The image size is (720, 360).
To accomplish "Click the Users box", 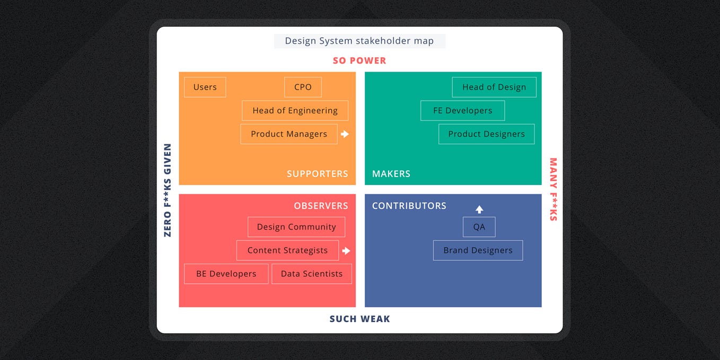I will [x=205, y=87].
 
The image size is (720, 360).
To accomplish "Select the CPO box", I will [x=303, y=87].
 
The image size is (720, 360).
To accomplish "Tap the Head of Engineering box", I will [x=295, y=111].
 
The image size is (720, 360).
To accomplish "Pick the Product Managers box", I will [x=288, y=134].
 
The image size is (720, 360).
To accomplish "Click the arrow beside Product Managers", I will [x=345, y=134].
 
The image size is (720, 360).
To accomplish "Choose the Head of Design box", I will [x=494, y=87].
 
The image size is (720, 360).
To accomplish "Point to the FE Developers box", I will [x=462, y=111].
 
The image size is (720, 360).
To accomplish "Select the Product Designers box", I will [x=486, y=134].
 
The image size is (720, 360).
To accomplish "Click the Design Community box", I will [x=296, y=227].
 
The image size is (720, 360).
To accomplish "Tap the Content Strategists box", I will [x=287, y=250].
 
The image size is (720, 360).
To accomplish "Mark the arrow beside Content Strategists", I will [x=346, y=251].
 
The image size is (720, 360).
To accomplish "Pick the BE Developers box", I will [x=226, y=274].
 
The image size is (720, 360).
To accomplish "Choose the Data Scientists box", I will [x=312, y=274].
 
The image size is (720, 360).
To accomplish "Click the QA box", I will [x=479, y=227].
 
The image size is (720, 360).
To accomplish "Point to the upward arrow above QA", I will [x=479, y=209].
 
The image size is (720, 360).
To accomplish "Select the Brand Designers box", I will [x=478, y=250].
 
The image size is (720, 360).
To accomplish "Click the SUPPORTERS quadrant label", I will [x=318, y=174].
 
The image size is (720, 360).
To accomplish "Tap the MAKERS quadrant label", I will [x=391, y=174].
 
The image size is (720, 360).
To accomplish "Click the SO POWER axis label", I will [x=359, y=60].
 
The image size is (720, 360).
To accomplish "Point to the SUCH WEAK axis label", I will [x=359, y=319].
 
